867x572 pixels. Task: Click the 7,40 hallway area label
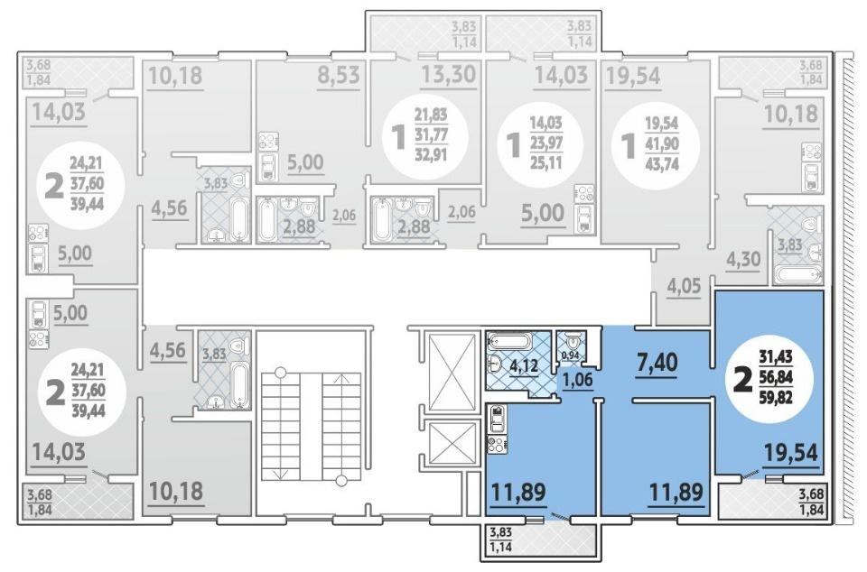pos(657,363)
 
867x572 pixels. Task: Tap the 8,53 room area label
pos(339,75)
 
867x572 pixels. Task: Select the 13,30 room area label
pos(449,74)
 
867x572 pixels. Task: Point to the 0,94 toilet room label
pos(570,355)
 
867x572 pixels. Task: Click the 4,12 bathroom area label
pos(524,366)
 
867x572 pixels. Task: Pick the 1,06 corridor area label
pos(578,379)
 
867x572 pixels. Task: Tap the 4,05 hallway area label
pos(684,286)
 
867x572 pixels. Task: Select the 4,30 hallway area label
pos(743,258)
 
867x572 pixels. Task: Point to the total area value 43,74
pos(662,164)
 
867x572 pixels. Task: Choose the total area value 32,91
pos(431,153)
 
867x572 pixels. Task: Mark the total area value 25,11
pos(545,162)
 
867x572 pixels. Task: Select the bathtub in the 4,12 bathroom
pos(509,341)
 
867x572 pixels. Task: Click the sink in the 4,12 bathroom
pos(496,364)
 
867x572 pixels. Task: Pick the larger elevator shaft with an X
pos(452,372)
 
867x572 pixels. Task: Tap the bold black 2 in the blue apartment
pos(742,380)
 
